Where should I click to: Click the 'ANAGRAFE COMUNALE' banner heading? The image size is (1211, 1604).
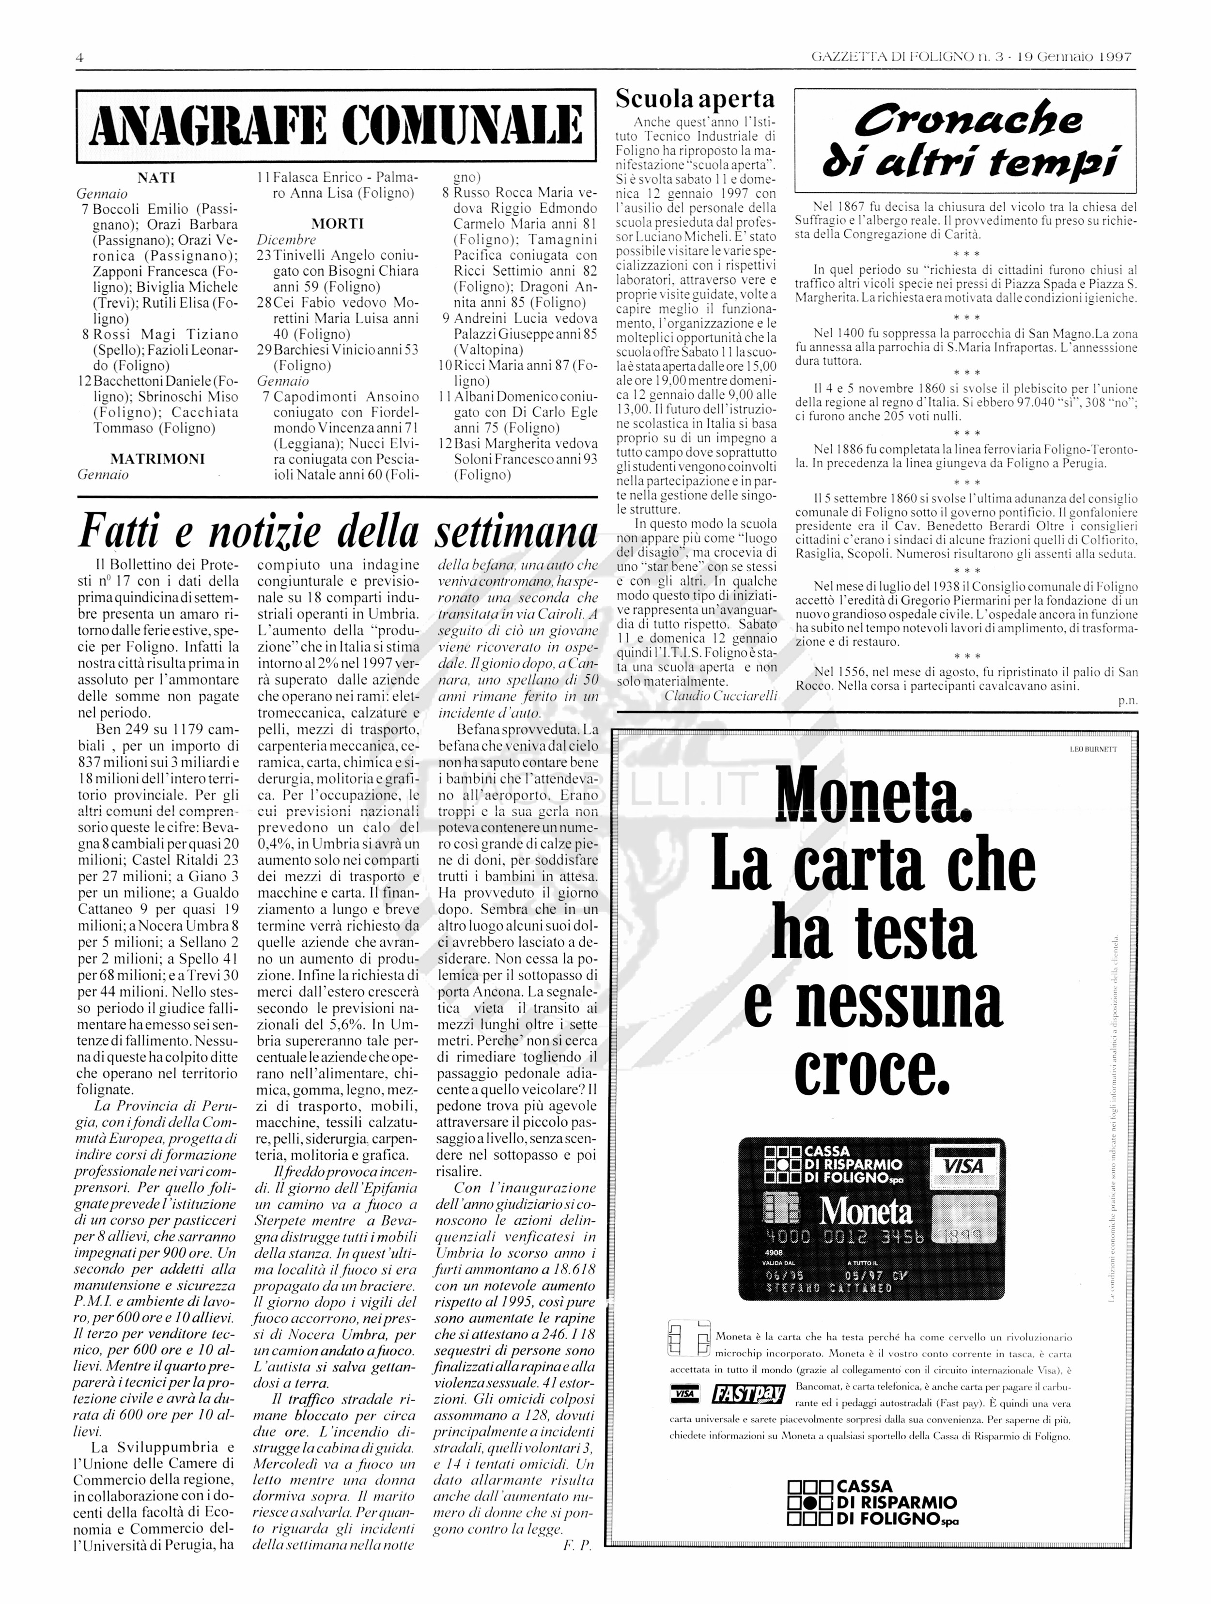tap(336, 126)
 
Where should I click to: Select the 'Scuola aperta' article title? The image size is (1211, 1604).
tap(695, 99)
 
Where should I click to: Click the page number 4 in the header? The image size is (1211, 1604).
tap(80, 57)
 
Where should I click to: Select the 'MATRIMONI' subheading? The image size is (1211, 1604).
tap(157, 459)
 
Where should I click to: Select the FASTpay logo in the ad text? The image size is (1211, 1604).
tap(748, 1394)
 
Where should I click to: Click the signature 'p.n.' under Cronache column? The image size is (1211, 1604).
tap(1128, 701)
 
